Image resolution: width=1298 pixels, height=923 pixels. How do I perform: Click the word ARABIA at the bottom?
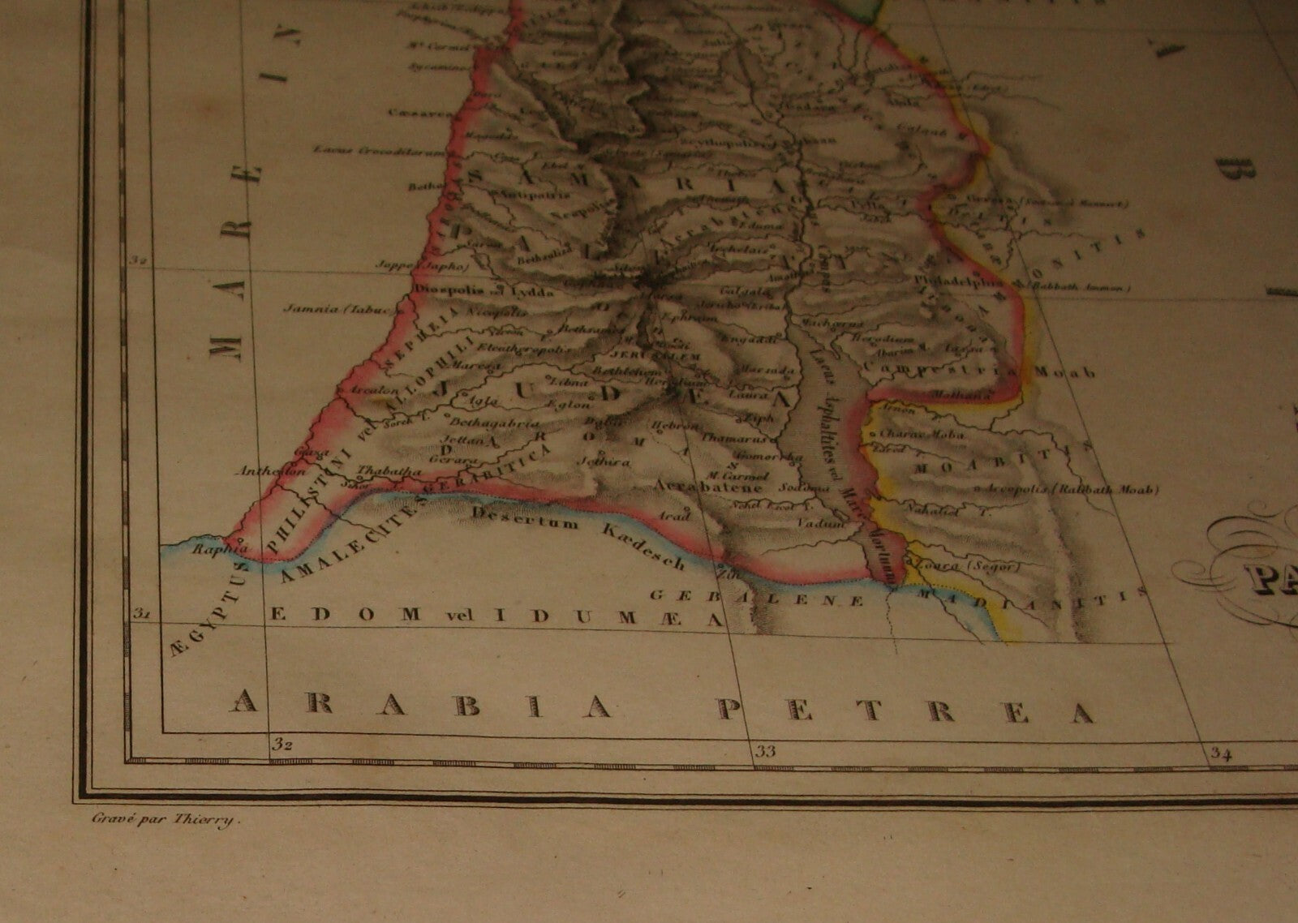coord(421,706)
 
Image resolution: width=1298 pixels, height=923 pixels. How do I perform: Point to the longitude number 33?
coord(765,751)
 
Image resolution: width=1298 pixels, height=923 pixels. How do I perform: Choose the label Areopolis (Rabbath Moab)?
coord(1072,489)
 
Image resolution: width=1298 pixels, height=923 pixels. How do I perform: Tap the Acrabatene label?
coord(708,487)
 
